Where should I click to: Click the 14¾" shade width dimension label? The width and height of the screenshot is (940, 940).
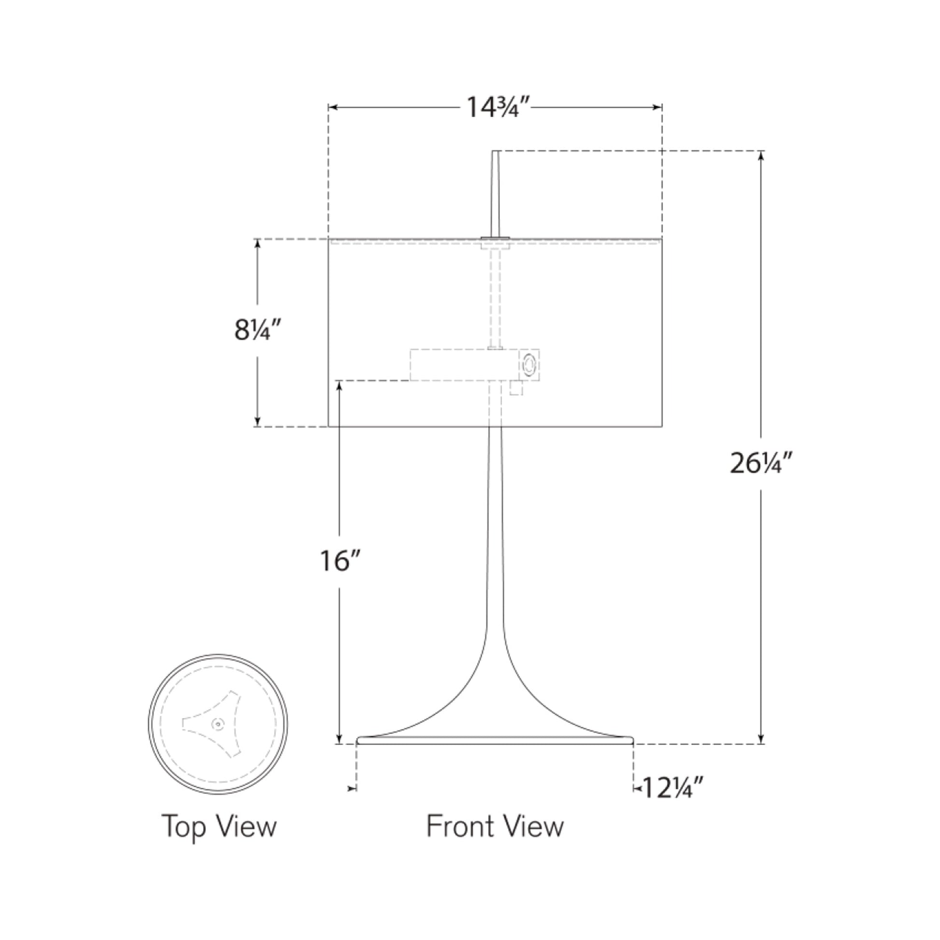pyautogui.click(x=497, y=108)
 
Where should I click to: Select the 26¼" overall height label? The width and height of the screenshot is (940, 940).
pyautogui.click(x=761, y=463)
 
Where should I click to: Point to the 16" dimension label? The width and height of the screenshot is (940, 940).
pyautogui.click(x=340, y=561)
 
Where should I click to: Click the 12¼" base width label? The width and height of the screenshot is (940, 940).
pyautogui.click(x=673, y=788)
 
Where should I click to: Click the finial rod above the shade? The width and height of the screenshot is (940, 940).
pyautogui.click(x=495, y=195)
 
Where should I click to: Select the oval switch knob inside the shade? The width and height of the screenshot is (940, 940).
pyautogui.click(x=529, y=364)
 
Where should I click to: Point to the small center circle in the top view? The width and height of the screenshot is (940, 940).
pyautogui.click(x=217, y=724)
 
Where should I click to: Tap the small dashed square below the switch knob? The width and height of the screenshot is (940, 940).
pyautogui.click(x=516, y=388)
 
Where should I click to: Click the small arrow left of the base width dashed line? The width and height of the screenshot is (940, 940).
pyautogui.click(x=351, y=789)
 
